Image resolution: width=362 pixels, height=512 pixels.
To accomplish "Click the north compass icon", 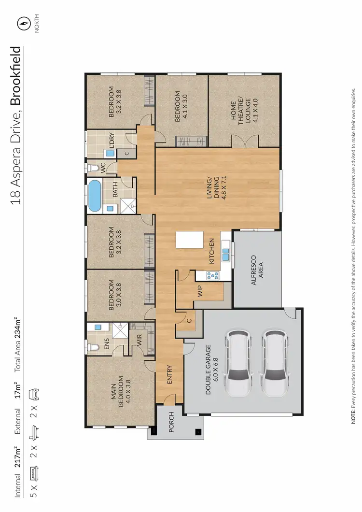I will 22,23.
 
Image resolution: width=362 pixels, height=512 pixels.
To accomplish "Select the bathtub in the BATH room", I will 95,196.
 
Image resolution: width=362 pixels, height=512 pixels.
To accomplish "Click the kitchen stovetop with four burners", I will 212,276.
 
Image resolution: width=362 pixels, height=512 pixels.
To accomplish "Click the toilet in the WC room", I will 94,168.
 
